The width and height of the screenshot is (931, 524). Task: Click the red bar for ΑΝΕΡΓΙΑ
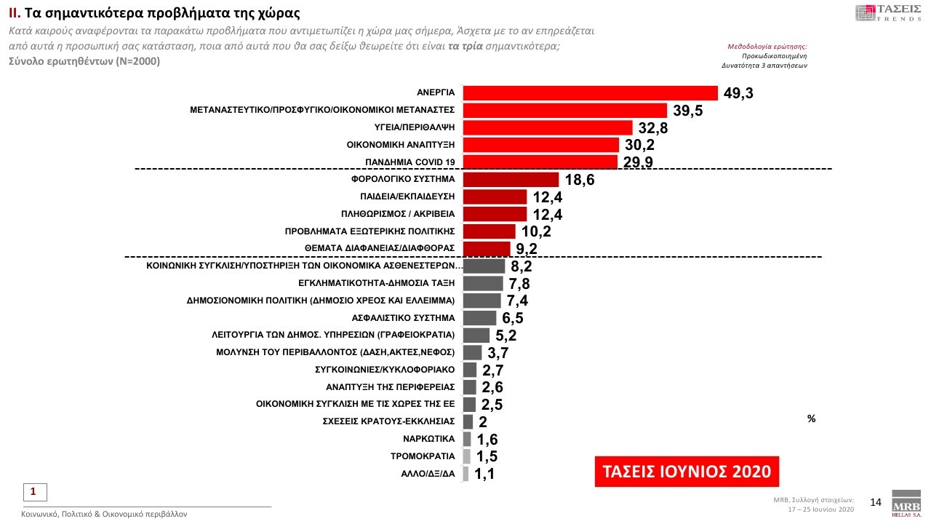[x=590, y=93]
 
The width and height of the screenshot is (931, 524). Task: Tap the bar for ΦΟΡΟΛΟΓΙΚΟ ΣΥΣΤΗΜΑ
[x=511, y=179]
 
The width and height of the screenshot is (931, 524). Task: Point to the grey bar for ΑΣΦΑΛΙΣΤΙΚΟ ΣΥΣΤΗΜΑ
[x=479, y=318]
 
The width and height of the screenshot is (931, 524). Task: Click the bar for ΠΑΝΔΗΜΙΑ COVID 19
[x=540, y=162]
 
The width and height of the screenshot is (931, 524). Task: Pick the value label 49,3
[x=738, y=94]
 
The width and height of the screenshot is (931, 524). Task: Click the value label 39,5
[x=687, y=111]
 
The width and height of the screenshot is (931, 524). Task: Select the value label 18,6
[x=579, y=180]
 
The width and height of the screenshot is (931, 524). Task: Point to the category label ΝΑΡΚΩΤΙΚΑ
[x=428, y=439]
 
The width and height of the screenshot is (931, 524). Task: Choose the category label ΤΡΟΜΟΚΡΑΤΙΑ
[x=423, y=456]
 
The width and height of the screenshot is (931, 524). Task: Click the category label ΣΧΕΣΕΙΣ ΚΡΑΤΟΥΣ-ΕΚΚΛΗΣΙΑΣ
[x=388, y=421]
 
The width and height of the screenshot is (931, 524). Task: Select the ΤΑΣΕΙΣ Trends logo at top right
[x=889, y=12]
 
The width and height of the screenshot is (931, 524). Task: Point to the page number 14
[x=876, y=502]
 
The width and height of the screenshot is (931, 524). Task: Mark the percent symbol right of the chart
[x=811, y=419]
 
